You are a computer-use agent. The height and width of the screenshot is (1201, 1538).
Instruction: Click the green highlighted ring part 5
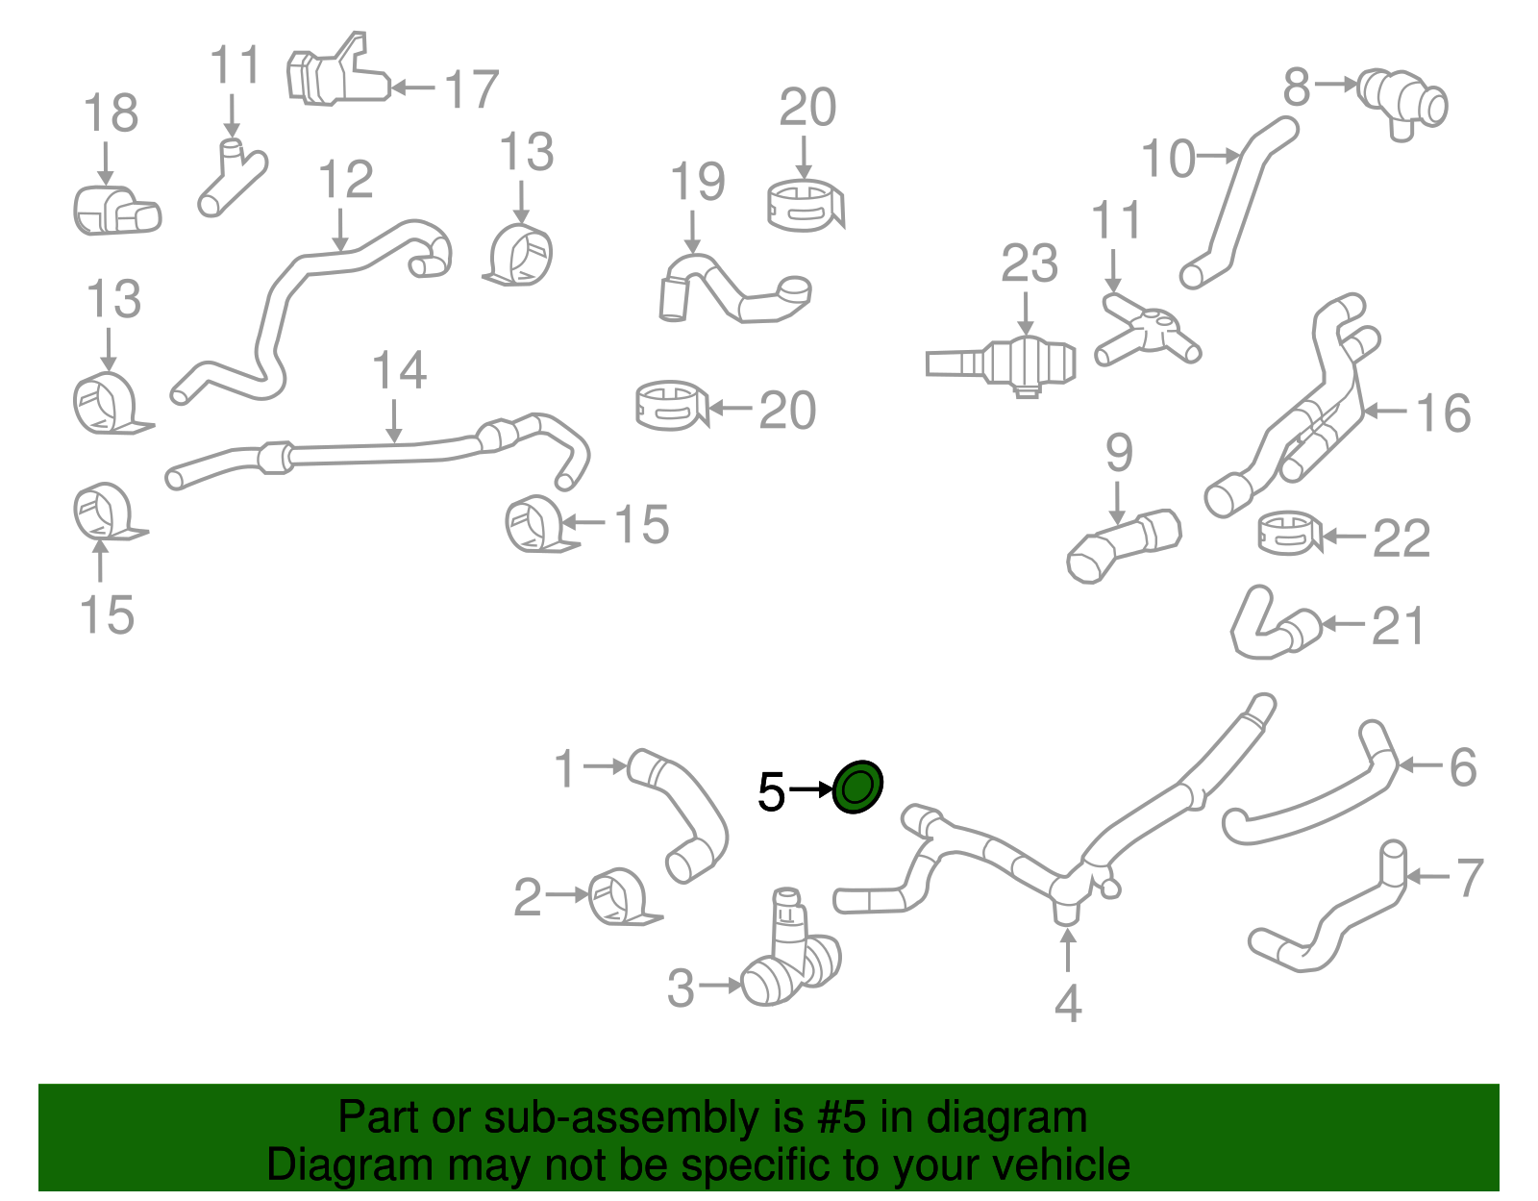(x=856, y=788)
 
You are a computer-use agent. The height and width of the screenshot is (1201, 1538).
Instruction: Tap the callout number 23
(x=1029, y=263)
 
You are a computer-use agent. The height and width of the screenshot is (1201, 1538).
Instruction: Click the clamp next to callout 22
(x=1288, y=533)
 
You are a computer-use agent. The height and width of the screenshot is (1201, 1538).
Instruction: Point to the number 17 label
(x=471, y=89)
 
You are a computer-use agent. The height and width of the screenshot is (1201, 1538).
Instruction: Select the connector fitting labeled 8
(x=1402, y=102)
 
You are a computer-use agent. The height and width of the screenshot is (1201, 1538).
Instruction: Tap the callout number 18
(x=111, y=113)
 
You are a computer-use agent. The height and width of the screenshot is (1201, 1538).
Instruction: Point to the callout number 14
(x=399, y=370)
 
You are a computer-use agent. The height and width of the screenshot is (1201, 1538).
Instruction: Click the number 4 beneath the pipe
(x=1068, y=1004)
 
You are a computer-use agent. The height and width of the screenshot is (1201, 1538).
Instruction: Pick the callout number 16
(x=1443, y=413)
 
